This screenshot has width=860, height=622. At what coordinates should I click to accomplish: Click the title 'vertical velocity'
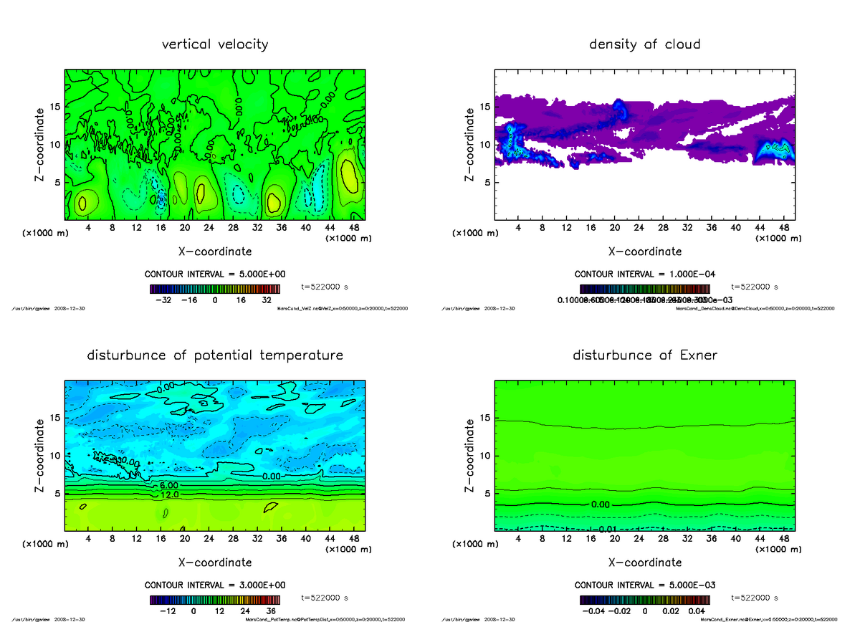click(x=215, y=44)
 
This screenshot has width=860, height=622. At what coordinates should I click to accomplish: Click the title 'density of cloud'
click(x=644, y=44)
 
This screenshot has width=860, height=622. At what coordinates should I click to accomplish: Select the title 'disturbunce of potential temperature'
click(x=215, y=355)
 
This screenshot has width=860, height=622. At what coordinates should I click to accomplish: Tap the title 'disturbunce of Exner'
click(x=644, y=355)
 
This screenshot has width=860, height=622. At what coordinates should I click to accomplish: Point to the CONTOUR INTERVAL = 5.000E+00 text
click(x=215, y=274)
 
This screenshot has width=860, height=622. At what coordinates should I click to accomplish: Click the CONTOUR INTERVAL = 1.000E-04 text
click(x=644, y=274)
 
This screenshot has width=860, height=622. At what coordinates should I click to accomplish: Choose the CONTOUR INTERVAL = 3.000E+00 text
click(x=215, y=585)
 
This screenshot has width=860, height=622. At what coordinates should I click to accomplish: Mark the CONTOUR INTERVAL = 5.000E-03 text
click(x=644, y=585)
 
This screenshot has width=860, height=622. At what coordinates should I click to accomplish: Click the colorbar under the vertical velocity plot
click(x=215, y=289)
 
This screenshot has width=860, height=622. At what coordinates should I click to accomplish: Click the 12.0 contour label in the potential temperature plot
click(x=170, y=494)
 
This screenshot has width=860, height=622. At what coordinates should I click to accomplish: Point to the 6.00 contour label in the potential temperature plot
click(x=159, y=485)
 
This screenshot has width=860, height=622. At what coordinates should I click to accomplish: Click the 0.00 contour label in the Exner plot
click(x=600, y=504)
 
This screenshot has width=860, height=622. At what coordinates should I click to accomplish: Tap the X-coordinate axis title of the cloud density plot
click(x=644, y=252)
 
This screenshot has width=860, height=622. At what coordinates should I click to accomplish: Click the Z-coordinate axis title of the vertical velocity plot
click(x=41, y=143)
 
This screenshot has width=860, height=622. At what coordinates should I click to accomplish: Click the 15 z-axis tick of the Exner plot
click(x=485, y=418)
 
